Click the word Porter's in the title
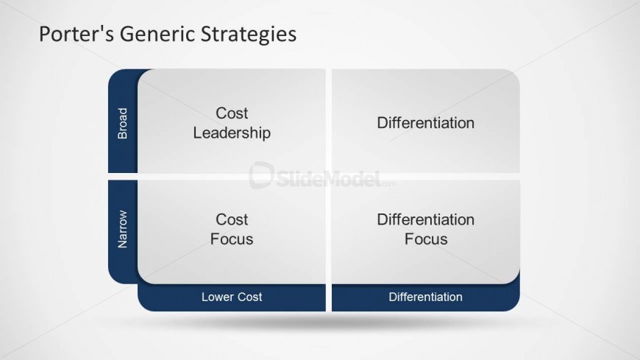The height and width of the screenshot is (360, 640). click(77, 34)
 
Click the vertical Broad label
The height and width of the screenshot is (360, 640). click(122, 124)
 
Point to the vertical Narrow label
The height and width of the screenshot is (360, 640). click(122, 229)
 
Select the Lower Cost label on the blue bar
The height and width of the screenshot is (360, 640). click(232, 297)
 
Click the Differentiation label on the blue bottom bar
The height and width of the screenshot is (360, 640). click(425, 297)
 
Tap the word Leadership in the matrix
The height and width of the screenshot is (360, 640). click(232, 133)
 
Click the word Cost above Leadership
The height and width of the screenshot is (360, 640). click(232, 113)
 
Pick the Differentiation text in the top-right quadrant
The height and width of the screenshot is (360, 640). click(426, 123)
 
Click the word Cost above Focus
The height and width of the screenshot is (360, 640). click(232, 220)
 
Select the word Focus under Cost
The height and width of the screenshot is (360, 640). click(232, 239)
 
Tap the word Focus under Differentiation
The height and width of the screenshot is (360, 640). click(426, 239)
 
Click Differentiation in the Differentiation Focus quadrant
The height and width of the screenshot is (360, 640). click(426, 220)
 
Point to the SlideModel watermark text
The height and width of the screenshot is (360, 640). click(329, 179)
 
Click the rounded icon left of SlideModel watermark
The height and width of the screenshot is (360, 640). click(261, 175)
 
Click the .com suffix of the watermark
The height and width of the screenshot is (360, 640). click(388, 184)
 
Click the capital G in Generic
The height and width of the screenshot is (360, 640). click(126, 34)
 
